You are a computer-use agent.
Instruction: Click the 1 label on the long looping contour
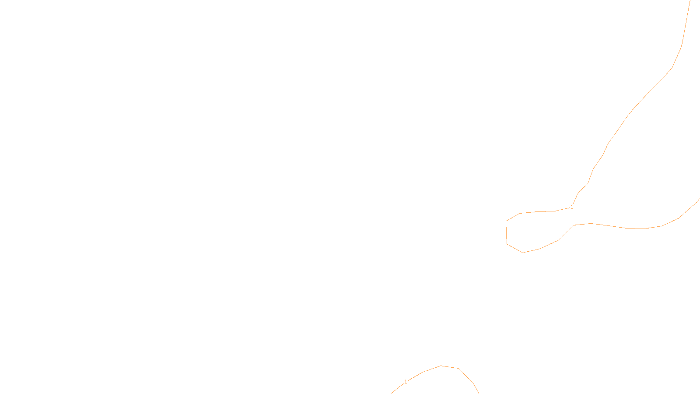pos(572,207)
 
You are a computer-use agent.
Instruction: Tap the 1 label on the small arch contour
pos(406,381)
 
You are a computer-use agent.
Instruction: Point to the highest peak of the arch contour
pos(441,366)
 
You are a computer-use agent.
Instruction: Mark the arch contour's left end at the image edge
pos(391,394)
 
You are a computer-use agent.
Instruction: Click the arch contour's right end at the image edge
pos(479,394)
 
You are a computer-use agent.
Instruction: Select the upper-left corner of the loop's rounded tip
pos(506,222)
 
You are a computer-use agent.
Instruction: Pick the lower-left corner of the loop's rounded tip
pos(507,244)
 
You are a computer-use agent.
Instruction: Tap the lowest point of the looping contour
pos(523,253)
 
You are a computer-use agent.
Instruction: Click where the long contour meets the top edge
pos(690,0)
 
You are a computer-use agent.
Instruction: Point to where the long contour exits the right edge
pos(700,199)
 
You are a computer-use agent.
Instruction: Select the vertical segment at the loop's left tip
pos(506,232)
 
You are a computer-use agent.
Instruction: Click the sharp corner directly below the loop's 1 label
pos(574,225)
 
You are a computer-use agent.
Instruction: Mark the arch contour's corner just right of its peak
pos(459,368)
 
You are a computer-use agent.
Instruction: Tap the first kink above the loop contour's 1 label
pos(578,193)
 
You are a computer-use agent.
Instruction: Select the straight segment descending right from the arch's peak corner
pos(466,376)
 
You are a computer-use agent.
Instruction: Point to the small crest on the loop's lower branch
pos(591,223)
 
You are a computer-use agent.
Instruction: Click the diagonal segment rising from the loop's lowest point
pos(531,251)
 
